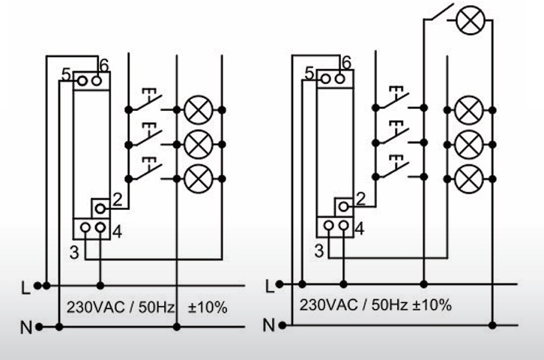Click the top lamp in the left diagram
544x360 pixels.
click(x=198, y=110)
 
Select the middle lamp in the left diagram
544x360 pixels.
click(x=198, y=145)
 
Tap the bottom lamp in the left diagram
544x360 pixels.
click(x=198, y=178)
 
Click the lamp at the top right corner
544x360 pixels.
click(x=471, y=19)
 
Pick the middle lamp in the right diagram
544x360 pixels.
click(x=469, y=145)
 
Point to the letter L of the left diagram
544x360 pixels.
click(x=25, y=288)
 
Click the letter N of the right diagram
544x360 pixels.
click(x=269, y=325)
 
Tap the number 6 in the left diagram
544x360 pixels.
click(x=103, y=65)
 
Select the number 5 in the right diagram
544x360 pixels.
click(x=309, y=73)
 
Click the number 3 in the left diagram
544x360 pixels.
click(x=74, y=253)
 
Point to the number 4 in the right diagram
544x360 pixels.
click(x=360, y=229)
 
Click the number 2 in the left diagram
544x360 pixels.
click(x=118, y=200)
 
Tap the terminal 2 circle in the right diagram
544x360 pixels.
click(x=343, y=207)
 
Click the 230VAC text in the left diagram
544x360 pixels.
click(x=95, y=307)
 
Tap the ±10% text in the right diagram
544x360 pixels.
click(x=432, y=305)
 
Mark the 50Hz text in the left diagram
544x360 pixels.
click(x=157, y=307)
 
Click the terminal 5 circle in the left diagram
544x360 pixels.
click(x=82, y=81)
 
